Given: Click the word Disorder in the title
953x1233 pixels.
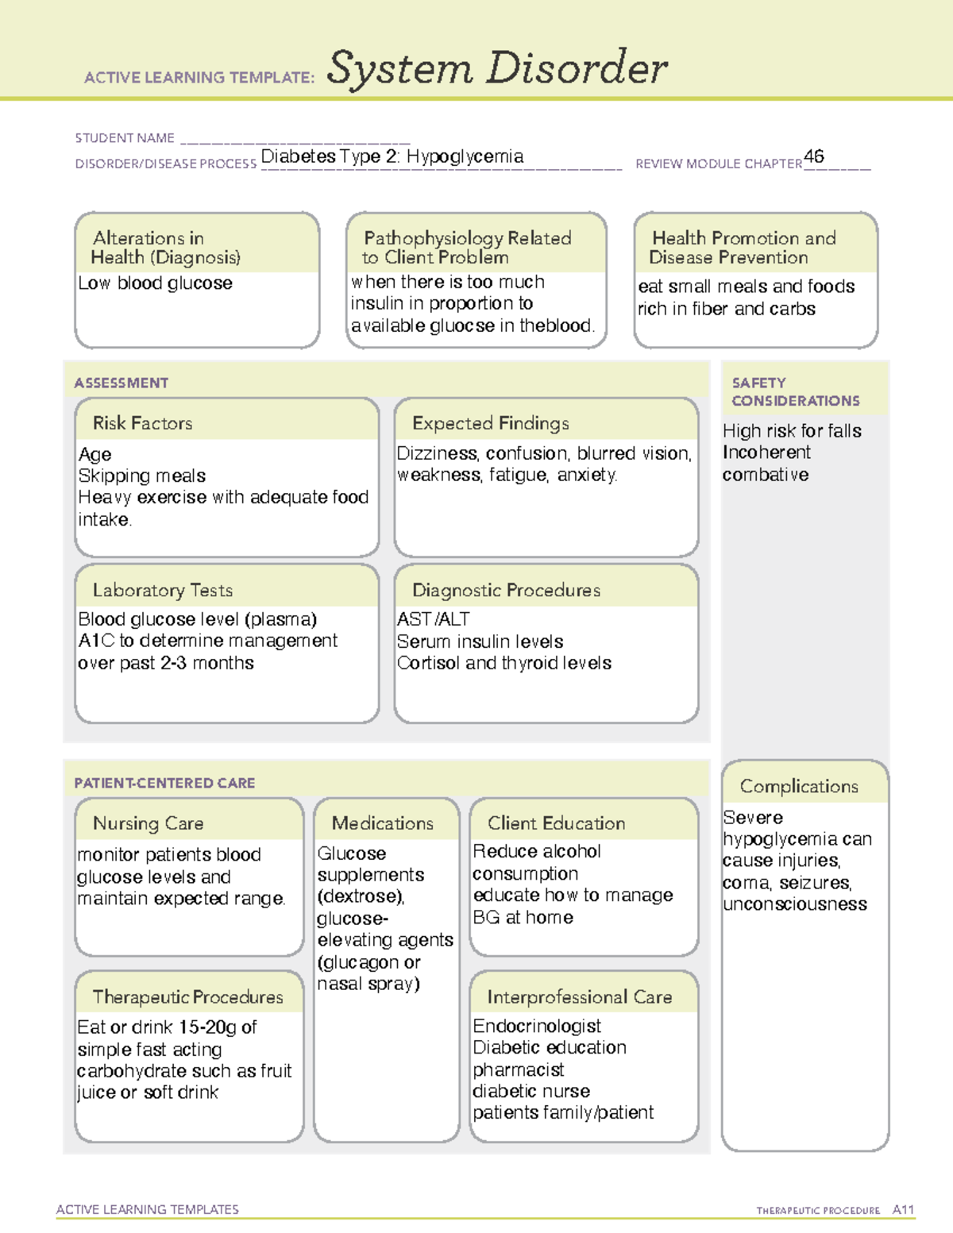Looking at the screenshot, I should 577,68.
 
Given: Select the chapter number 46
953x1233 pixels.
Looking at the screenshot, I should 814,156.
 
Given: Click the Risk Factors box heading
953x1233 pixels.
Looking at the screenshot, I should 142,423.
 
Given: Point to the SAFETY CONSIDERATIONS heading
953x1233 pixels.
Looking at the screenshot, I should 795,391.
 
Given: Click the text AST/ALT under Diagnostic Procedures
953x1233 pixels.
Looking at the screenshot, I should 433,619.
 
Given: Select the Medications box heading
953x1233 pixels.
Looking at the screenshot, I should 382,823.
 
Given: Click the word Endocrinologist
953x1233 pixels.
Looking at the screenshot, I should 537,1027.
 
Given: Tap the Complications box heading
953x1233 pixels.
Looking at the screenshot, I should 799,786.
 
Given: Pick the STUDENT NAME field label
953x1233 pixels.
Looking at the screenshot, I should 125,138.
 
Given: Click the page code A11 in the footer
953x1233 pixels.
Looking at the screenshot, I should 903,1210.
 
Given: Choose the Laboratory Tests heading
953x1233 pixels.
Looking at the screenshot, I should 163,591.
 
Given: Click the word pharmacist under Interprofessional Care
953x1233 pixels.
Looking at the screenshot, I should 519,1070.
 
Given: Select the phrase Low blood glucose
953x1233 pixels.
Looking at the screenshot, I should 156,283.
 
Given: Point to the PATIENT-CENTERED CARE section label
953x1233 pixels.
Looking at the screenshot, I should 164,783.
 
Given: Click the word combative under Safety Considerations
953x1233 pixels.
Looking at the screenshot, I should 766,475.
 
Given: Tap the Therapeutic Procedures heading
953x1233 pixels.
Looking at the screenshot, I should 187,997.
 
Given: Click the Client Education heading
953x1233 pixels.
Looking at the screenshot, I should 556,823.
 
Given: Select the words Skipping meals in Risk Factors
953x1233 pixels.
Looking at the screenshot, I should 142,476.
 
